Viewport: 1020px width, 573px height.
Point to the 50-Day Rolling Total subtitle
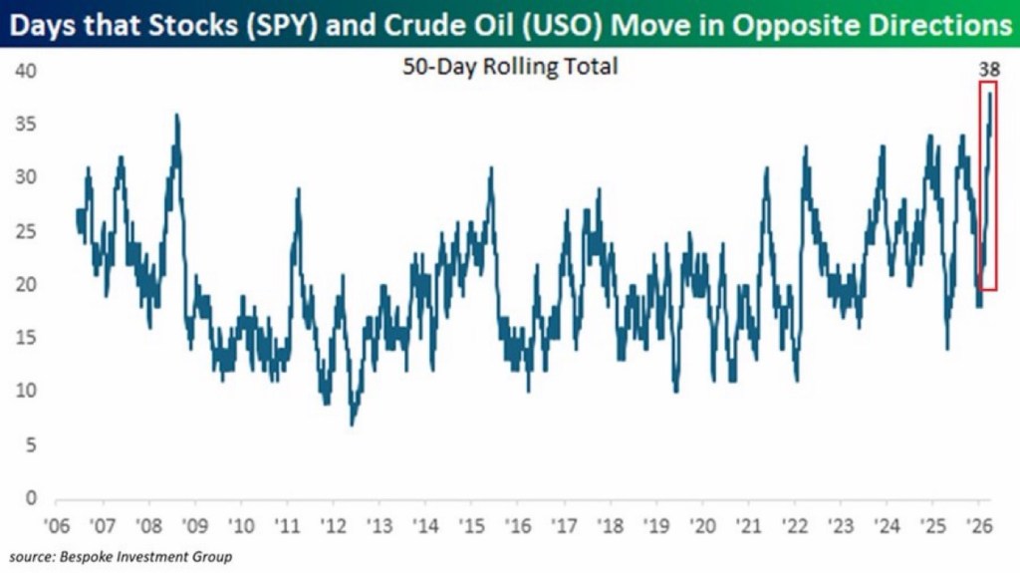(x=510, y=67)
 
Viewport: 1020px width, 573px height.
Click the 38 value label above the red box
(x=990, y=69)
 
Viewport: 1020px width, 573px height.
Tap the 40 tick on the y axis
(x=26, y=72)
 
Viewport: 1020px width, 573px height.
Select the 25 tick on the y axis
(x=26, y=231)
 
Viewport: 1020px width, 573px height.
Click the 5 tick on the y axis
(x=31, y=444)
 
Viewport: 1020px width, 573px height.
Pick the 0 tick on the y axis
(x=31, y=497)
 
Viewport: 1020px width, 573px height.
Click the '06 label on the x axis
(x=57, y=525)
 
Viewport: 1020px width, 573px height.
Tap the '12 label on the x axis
(x=333, y=525)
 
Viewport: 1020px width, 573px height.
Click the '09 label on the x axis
(x=194, y=525)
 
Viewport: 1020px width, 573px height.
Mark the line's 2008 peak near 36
(x=176, y=116)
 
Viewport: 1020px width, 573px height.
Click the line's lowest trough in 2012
(x=352, y=425)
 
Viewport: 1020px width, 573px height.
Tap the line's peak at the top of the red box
(x=990, y=94)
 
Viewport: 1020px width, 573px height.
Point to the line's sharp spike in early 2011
(x=297, y=189)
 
